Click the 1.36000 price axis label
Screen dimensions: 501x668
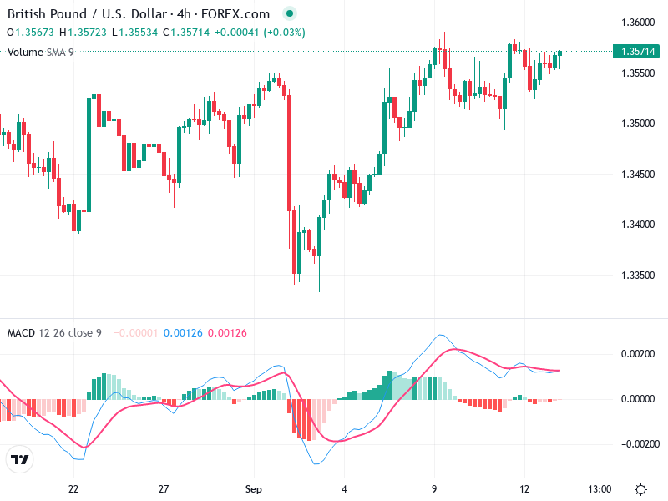click(637, 22)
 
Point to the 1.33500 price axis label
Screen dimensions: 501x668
click(637, 276)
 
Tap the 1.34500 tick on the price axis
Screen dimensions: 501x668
click(637, 175)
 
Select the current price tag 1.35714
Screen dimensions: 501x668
click(637, 52)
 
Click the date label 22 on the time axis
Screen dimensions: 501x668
click(73, 488)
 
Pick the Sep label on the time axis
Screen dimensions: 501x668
click(255, 488)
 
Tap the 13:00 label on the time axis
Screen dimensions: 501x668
click(600, 488)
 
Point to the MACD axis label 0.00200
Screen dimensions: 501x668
click(637, 354)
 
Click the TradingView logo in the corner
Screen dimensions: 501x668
click(20, 459)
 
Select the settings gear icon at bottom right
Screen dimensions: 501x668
click(641, 488)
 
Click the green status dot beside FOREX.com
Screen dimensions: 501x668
click(290, 14)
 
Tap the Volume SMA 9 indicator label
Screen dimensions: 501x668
click(40, 53)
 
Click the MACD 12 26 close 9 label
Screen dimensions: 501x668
click(54, 333)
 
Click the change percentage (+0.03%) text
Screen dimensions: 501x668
click(284, 33)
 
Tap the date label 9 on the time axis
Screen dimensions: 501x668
click(434, 488)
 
